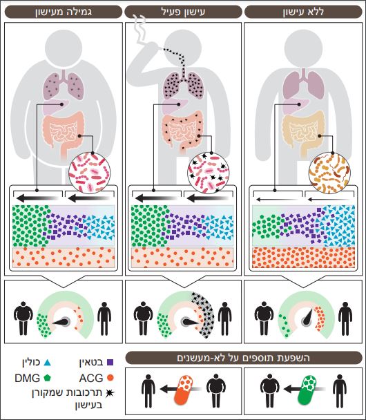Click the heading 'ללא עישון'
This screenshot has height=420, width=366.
pos(303,12)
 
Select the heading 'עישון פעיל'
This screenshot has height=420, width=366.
pos(184,12)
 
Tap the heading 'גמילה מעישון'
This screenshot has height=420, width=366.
pos(64,12)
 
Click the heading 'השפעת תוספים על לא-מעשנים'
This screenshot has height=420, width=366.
pos(243,358)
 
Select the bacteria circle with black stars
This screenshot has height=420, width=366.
pos(209,174)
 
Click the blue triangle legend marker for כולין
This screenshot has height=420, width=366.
pos(47,363)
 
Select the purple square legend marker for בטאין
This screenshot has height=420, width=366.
pos(110,363)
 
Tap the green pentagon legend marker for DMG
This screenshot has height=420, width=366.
pos(47,378)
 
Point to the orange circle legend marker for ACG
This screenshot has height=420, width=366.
pos(110,378)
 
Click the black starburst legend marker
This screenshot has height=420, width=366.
pos(110,393)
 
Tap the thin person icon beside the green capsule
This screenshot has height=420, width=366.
pos(340,391)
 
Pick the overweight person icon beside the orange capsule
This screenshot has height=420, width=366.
pos(215,391)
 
